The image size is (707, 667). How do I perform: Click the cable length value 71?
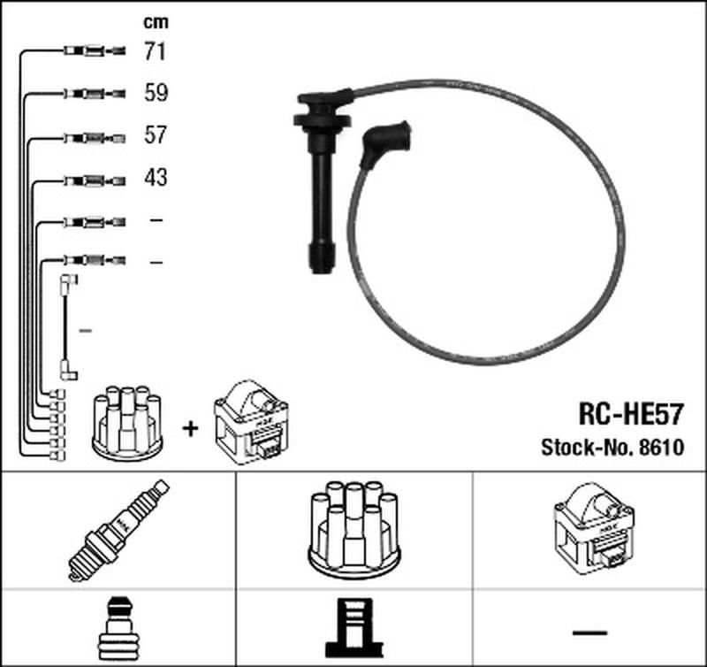[x=155, y=52]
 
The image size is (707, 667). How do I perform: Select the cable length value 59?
[x=156, y=93]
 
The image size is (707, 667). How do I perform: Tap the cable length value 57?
[x=156, y=135]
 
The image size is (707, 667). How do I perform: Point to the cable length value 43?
[x=156, y=178]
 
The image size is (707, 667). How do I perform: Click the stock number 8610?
[x=664, y=448]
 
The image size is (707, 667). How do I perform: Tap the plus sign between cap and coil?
[x=190, y=429]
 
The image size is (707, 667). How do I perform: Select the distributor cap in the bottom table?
[x=353, y=528]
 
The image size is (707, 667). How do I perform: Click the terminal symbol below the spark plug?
[x=117, y=628]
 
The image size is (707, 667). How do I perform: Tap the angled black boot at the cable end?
[x=384, y=144]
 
